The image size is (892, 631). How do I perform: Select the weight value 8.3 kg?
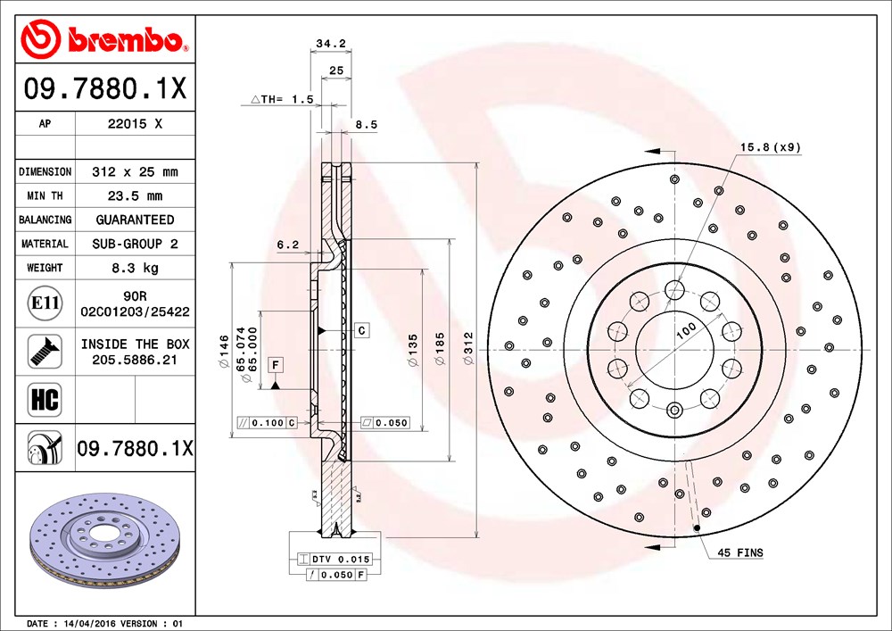click(135, 268)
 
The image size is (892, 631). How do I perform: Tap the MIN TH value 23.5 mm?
click(135, 195)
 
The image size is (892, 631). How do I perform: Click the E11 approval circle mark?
click(45, 303)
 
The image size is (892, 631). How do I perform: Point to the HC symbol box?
click(45, 400)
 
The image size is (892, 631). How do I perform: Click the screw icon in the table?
click(45, 351)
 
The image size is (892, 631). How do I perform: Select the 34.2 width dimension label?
click(331, 43)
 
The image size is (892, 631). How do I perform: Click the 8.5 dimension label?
click(367, 125)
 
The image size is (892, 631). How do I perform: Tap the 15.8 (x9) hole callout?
click(771, 147)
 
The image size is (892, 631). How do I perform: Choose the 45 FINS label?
click(740, 552)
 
